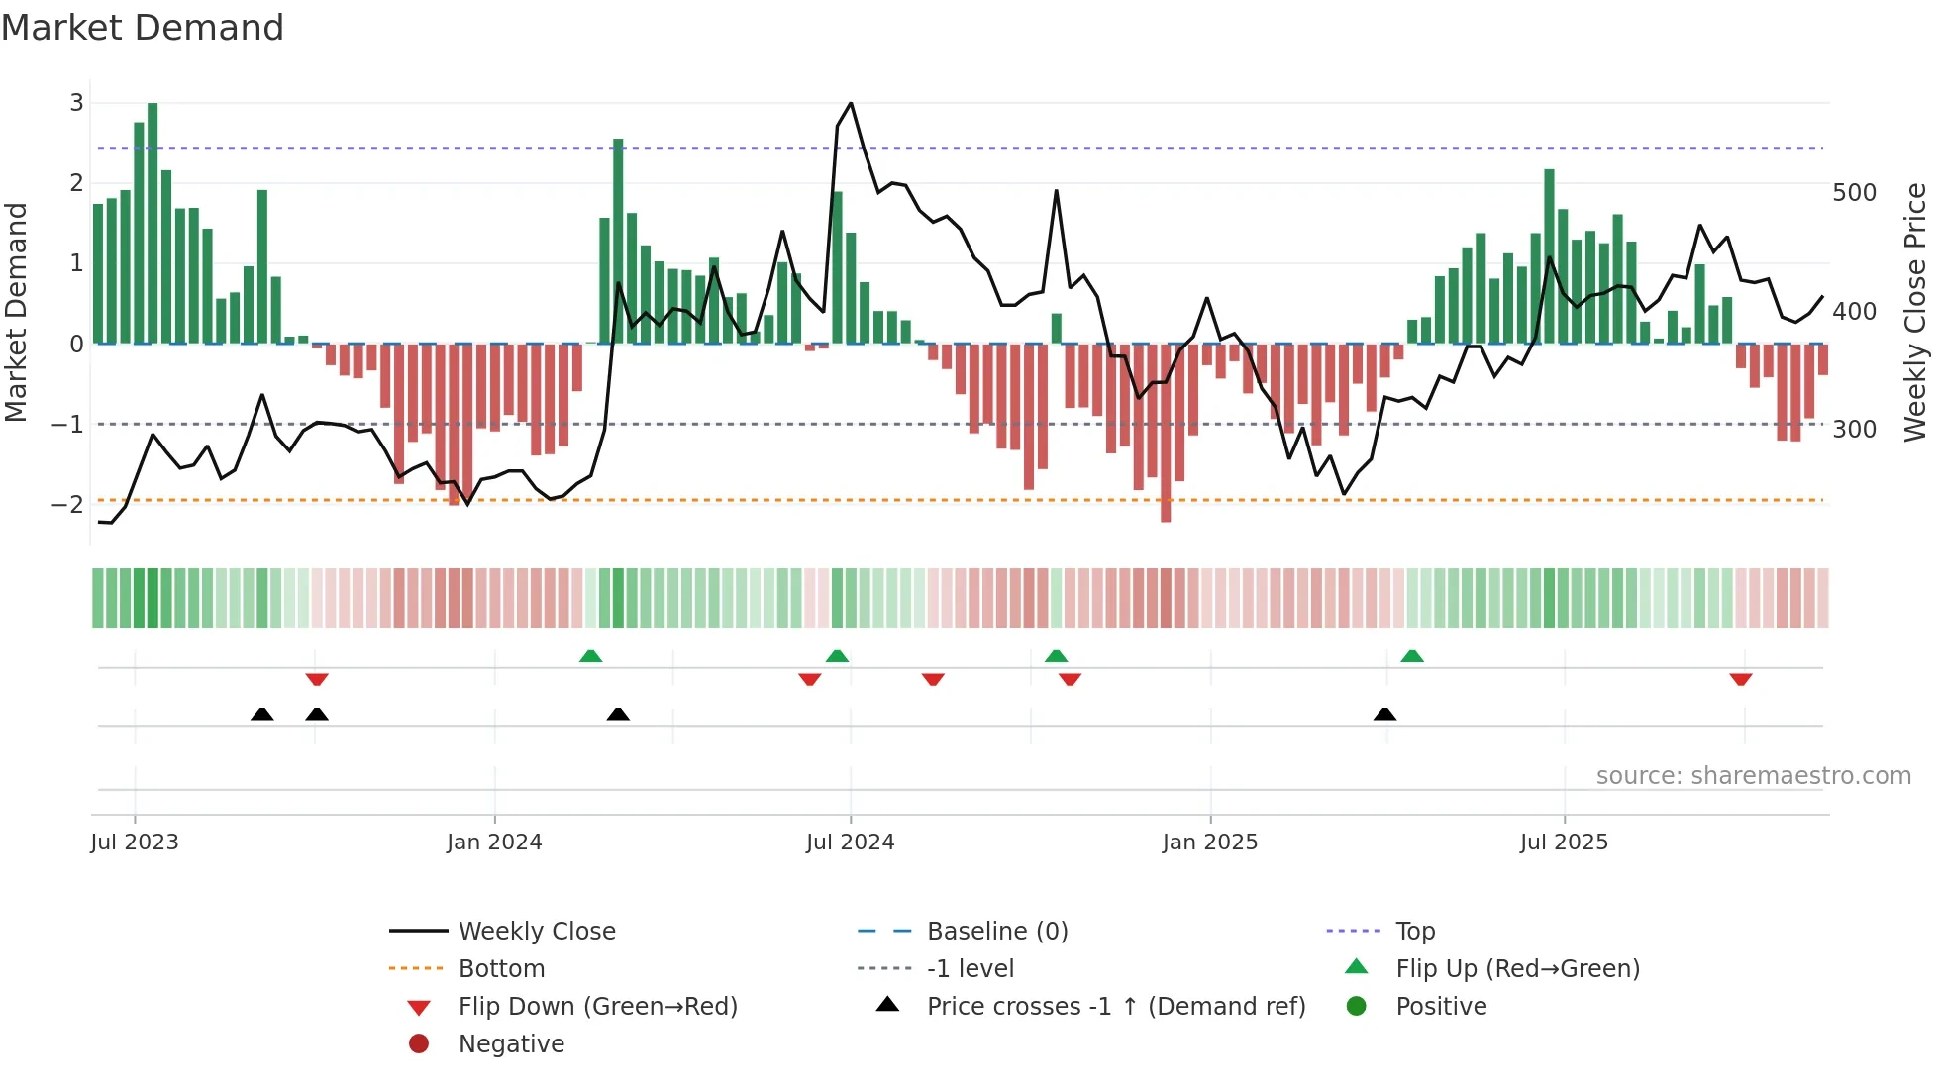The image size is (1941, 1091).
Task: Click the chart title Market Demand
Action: pyautogui.click(x=143, y=28)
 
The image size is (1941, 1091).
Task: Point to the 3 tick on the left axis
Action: pyautogui.click(x=76, y=102)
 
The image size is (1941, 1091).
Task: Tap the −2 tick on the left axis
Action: pyautogui.click(x=68, y=504)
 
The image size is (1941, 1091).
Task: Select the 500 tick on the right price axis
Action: pyautogui.click(x=1854, y=192)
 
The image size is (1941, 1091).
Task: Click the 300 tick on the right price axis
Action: pyautogui.click(x=1854, y=429)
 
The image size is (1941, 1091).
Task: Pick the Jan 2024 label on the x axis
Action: pyautogui.click(x=494, y=843)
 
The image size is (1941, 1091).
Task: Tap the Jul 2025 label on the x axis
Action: pyautogui.click(x=1564, y=843)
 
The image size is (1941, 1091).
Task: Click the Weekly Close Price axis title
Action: pyautogui.click(x=1915, y=312)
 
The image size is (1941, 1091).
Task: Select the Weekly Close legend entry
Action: pyautogui.click(x=536, y=931)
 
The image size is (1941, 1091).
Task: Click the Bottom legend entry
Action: pyautogui.click(x=501, y=968)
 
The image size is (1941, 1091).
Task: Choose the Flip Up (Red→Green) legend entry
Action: pyautogui.click(x=1517, y=968)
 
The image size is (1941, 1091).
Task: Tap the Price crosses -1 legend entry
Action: pyautogui.click(x=1115, y=1006)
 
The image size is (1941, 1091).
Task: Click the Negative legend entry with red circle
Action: pyautogui.click(x=511, y=1043)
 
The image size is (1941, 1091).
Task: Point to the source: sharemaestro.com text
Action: pyautogui.click(x=1753, y=776)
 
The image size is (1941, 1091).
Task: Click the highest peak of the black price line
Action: pyautogui.click(x=851, y=103)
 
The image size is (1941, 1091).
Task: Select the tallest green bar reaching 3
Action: pyautogui.click(x=153, y=223)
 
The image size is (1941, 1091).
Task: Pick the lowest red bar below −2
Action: pyautogui.click(x=1166, y=433)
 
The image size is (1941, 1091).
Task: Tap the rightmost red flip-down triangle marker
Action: pyautogui.click(x=1741, y=679)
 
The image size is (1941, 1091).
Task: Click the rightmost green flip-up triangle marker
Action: pyautogui.click(x=1412, y=656)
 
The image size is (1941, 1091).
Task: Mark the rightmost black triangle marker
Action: pyautogui.click(x=1384, y=714)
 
